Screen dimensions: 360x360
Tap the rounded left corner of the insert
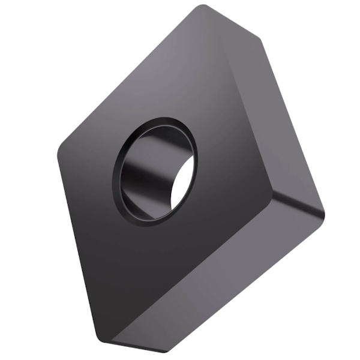pos(60,150)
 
